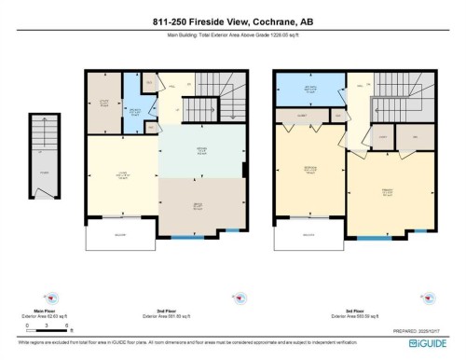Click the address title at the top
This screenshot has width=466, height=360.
pyautogui.click(x=232, y=23)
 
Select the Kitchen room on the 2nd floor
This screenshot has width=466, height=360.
pyautogui.click(x=199, y=151)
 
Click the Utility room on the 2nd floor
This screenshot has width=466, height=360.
pyautogui.click(x=104, y=103)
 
